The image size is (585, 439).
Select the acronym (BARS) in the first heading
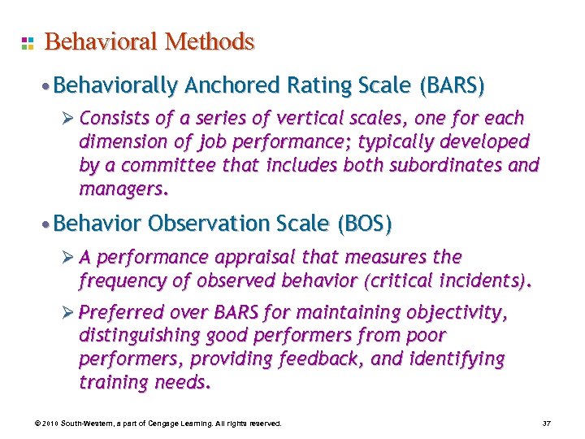[452, 85]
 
